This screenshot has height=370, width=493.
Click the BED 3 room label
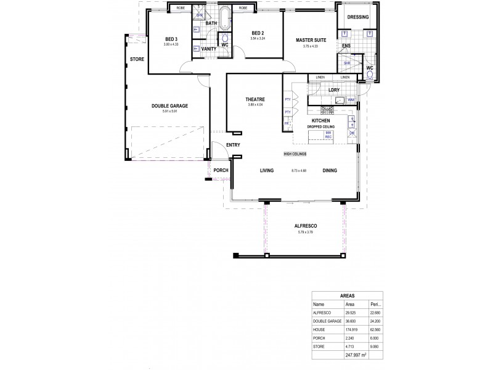(171, 39)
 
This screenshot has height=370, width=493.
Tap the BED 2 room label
(258, 33)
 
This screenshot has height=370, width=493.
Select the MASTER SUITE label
(311, 39)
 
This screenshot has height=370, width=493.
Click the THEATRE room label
(255, 99)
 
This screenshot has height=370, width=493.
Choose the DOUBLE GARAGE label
(169, 105)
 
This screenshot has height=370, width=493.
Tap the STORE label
(136, 60)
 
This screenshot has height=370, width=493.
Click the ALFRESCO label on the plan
(306, 226)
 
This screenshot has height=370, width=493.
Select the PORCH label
(221, 170)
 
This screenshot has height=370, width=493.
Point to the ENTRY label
(233, 145)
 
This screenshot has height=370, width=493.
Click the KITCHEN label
(322, 120)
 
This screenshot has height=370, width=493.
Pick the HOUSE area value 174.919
(350, 330)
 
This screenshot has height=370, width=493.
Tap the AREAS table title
(347, 295)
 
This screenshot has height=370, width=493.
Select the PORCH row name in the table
(320, 338)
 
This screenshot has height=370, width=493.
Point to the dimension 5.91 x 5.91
(169, 111)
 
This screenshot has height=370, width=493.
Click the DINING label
(329, 170)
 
